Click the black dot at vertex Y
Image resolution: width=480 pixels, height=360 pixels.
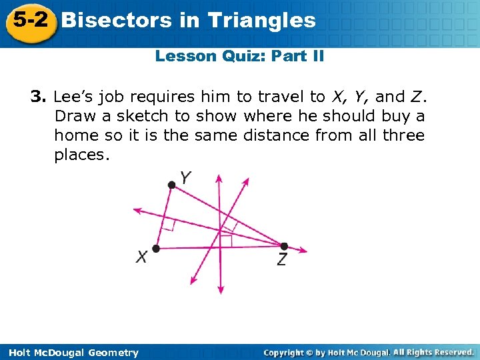(x=171, y=186)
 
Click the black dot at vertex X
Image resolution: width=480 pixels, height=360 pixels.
(x=156, y=249)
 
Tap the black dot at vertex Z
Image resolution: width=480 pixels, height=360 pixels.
(x=284, y=246)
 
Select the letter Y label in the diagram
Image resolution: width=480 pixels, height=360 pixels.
(x=186, y=177)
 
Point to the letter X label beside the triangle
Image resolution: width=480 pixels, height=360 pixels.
(x=141, y=257)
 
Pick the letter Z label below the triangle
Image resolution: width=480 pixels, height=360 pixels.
(x=283, y=260)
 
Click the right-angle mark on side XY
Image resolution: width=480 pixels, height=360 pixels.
(x=169, y=226)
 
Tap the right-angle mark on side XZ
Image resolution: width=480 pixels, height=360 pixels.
(x=227, y=241)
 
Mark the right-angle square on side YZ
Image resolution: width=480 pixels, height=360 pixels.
(x=229, y=223)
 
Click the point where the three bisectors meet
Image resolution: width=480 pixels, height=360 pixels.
(x=221, y=231)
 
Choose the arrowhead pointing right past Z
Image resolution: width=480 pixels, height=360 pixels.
(x=304, y=251)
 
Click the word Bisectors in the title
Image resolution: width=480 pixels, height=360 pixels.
(x=117, y=20)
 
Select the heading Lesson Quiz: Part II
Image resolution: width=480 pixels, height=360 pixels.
(x=239, y=56)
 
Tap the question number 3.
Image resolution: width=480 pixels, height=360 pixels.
(x=37, y=97)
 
